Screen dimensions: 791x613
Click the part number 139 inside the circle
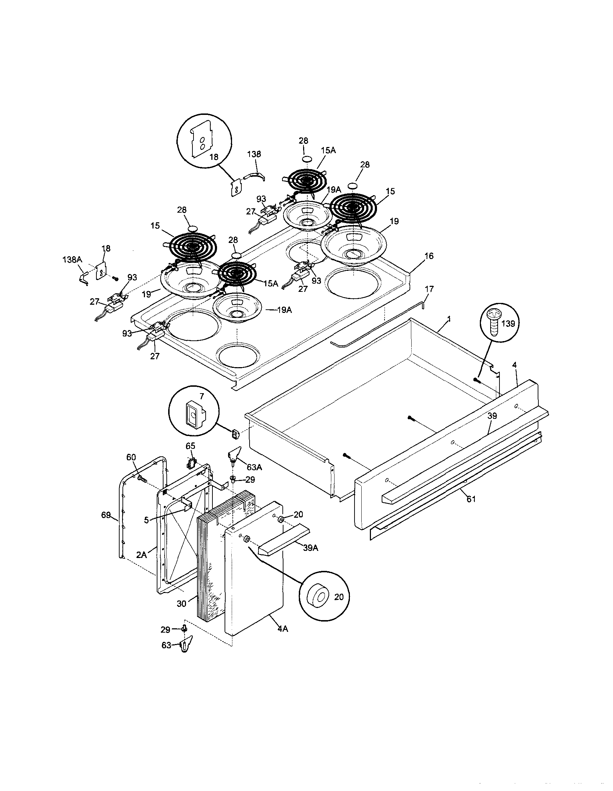click(x=508, y=323)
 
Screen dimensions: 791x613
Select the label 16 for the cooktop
click(x=428, y=256)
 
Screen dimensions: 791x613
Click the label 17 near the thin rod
click(x=429, y=289)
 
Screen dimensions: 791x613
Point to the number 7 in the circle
click(x=202, y=397)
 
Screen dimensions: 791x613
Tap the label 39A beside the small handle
click(x=310, y=548)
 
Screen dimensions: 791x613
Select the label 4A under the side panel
click(x=282, y=629)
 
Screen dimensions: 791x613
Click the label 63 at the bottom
click(x=166, y=645)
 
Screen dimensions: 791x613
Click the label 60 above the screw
click(x=131, y=457)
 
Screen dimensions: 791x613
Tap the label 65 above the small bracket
click(x=190, y=446)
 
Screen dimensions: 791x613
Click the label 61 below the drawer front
click(x=471, y=499)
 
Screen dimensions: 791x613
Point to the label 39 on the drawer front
click(x=492, y=416)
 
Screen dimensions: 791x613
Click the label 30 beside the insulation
click(x=181, y=603)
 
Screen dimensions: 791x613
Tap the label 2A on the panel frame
click(x=142, y=554)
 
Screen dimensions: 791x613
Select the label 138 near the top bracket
click(x=254, y=154)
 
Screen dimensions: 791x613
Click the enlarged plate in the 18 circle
click(x=202, y=140)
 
